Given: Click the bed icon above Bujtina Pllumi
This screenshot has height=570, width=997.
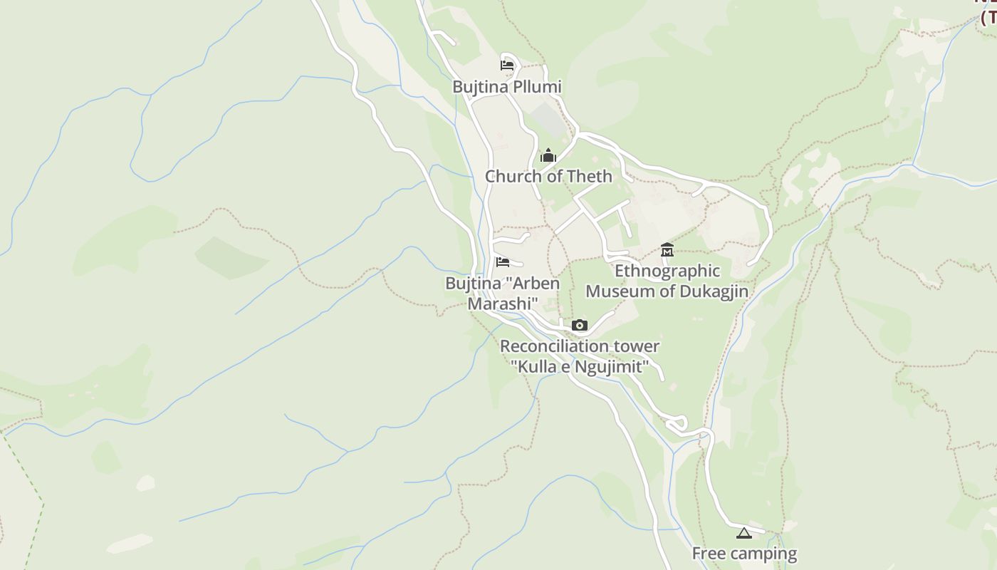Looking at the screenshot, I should click(x=506, y=66).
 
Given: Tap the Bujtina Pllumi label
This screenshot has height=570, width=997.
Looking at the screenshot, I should click(x=507, y=87).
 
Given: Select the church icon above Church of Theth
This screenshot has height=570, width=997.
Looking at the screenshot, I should click(x=548, y=155).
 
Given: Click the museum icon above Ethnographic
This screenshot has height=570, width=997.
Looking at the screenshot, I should click(x=667, y=249).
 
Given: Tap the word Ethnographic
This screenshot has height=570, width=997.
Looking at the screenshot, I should click(x=667, y=271).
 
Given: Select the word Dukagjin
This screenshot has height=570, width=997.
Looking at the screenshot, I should click(x=714, y=291).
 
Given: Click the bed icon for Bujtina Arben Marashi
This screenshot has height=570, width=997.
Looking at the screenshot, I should click(x=503, y=261).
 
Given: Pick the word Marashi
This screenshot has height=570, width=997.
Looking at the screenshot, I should click(x=502, y=304).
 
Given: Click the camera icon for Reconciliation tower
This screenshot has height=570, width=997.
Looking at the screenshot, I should click(x=580, y=326).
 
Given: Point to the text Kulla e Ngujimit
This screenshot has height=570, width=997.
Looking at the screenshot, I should click(x=580, y=367).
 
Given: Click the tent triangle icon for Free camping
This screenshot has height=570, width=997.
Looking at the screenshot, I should click(x=744, y=533).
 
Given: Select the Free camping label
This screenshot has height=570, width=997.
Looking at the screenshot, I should click(x=744, y=554).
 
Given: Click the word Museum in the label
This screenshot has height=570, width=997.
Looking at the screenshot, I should click(x=617, y=291).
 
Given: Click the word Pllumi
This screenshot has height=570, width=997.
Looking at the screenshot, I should click(x=538, y=87).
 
